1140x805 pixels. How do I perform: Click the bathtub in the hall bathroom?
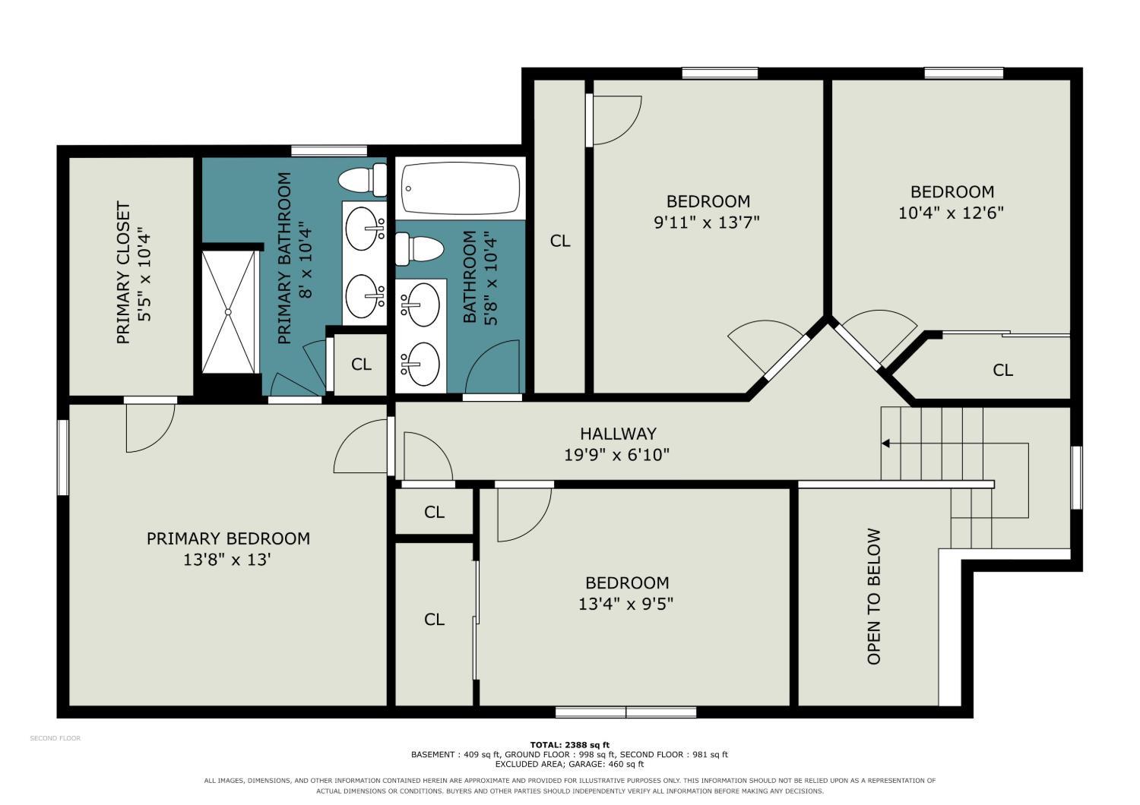click(x=461, y=188)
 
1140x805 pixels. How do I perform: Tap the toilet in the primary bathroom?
click(x=363, y=179)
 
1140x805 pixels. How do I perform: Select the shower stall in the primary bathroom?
click(x=229, y=311)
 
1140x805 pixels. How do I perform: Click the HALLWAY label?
click(x=618, y=434)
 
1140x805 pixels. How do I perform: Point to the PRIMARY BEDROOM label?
click(x=228, y=538)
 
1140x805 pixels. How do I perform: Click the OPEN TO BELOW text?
click(x=873, y=596)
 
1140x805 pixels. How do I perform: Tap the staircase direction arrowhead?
click(x=885, y=444)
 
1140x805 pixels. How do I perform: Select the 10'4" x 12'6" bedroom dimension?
click(x=951, y=213)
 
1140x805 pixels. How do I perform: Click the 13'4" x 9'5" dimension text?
click(x=625, y=604)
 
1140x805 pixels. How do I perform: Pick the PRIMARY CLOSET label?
click(x=124, y=273)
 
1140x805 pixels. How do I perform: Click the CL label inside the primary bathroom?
click(x=361, y=364)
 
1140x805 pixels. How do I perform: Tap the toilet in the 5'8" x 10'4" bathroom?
click(x=419, y=248)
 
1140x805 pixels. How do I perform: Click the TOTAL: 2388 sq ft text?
click(x=569, y=746)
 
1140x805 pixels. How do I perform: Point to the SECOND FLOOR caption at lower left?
click(x=55, y=738)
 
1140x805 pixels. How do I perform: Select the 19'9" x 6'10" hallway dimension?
click(x=616, y=455)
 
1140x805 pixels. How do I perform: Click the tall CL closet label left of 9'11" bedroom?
click(x=560, y=241)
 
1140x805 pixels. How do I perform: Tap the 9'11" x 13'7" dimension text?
click(x=706, y=223)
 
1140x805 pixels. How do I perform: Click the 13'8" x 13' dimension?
click(x=226, y=560)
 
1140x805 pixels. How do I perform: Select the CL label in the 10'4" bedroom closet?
click(x=1002, y=370)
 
